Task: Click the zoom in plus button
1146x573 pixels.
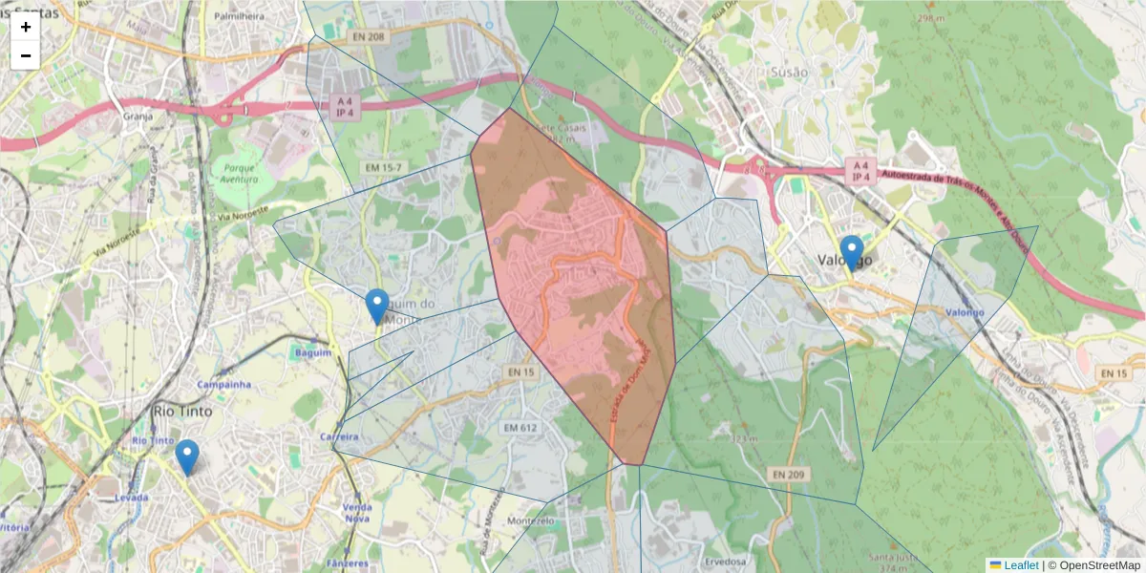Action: [x=26, y=27]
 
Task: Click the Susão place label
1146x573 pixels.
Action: [x=789, y=73]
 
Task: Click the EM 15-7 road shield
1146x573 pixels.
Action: [x=385, y=168]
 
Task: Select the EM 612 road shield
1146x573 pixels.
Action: [x=521, y=428]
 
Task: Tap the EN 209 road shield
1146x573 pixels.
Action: [x=788, y=474]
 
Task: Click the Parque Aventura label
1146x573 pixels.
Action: [x=240, y=172]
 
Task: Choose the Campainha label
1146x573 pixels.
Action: [x=223, y=384]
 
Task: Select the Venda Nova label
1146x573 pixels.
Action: [x=356, y=512]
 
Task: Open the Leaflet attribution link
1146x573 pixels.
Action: [x=1020, y=564]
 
